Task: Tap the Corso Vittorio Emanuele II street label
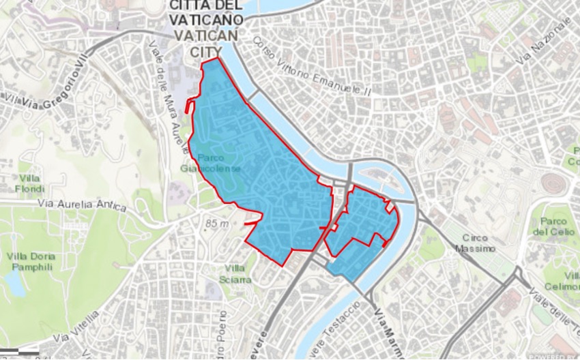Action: (311, 74)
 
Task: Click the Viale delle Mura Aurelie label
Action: (167, 96)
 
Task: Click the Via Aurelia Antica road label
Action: (83, 205)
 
